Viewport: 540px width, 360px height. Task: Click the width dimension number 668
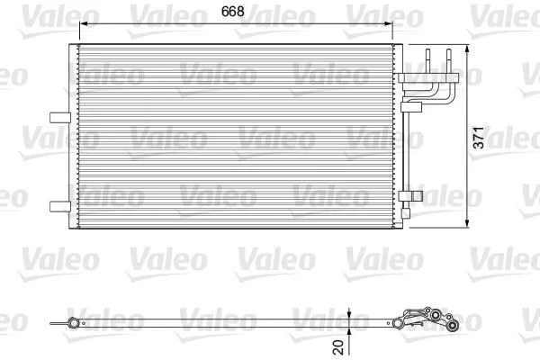(x=233, y=12)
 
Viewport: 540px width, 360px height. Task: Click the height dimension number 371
(x=479, y=138)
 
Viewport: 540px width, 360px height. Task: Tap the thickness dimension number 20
(x=339, y=347)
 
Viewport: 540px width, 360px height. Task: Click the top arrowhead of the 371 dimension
(x=467, y=49)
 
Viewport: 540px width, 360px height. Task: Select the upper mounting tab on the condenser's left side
(x=60, y=118)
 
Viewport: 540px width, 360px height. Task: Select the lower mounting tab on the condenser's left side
(x=60, y=206)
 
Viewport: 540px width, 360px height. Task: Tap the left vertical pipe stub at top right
(x=428, y=60)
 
